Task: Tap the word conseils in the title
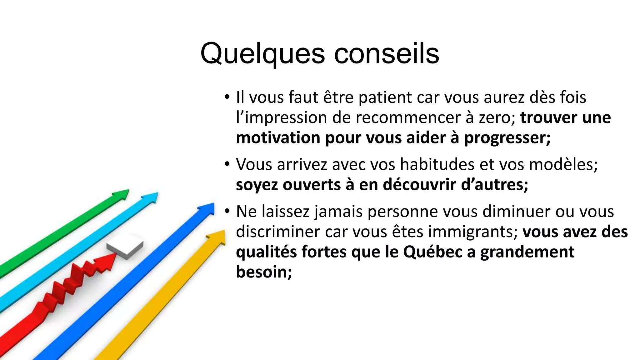coord(387,54)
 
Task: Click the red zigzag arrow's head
coord(109,259)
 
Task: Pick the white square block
coord(125,249)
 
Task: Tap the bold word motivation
coord(278,138)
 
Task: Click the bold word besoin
coord(264,272)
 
